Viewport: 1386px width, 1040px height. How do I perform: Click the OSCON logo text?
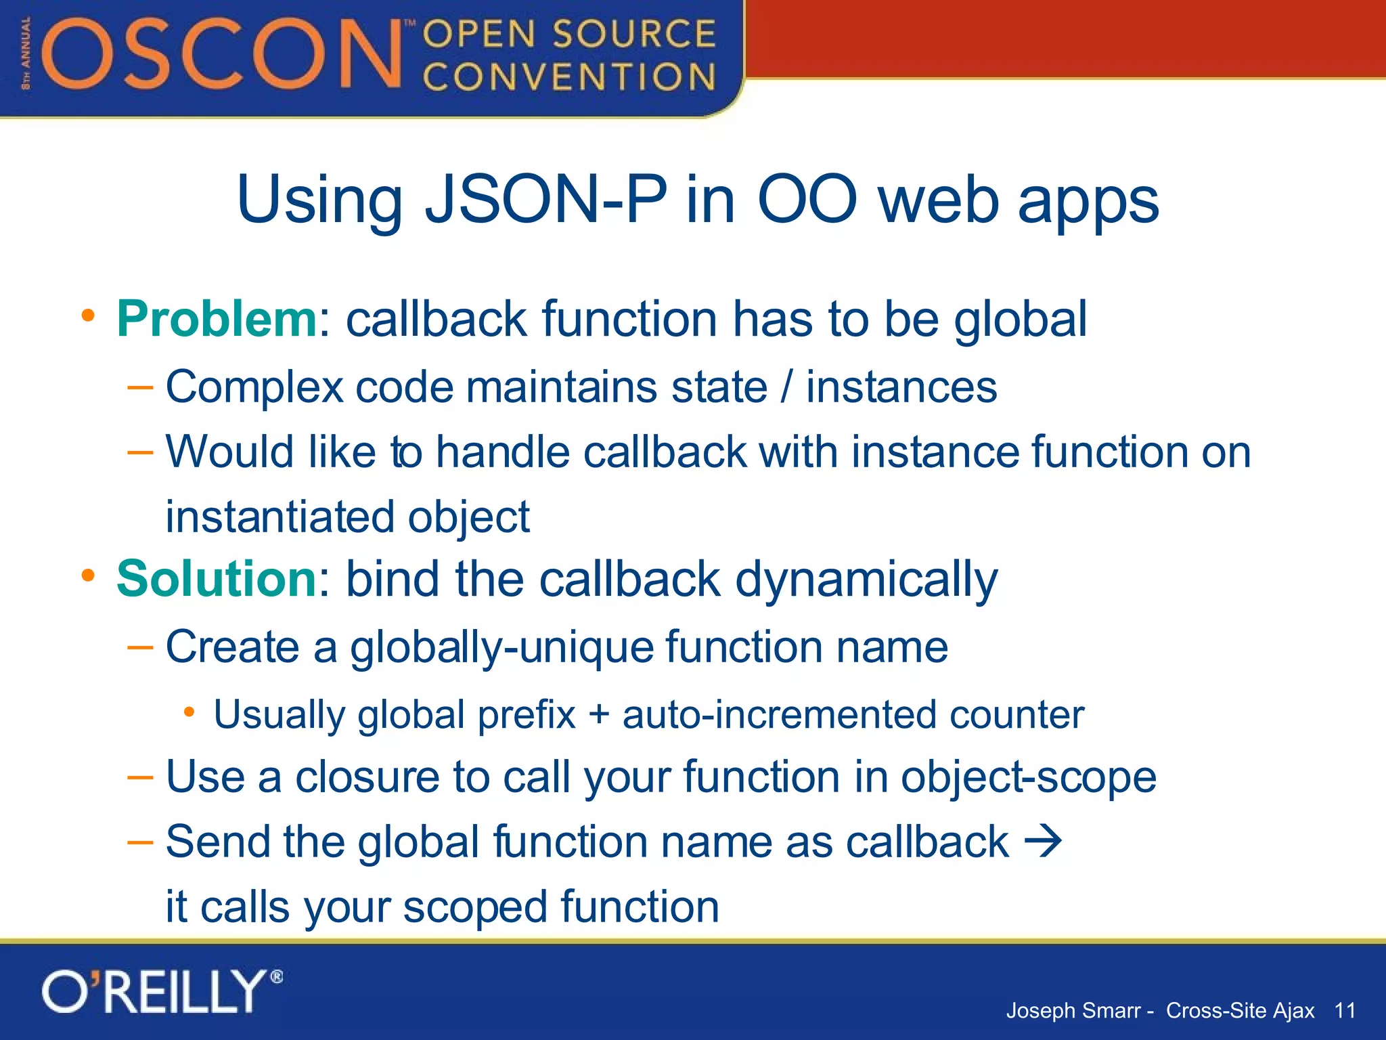point(223,54)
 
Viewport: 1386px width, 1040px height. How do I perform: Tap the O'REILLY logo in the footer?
point(161,992)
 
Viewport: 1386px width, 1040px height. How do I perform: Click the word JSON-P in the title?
point(545,200)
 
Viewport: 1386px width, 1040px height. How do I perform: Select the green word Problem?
point(216,318)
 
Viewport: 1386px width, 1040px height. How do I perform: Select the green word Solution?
point(216,579)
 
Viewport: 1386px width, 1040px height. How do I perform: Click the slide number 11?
point(1345,1010)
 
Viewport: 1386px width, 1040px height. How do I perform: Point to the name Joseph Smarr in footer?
point(1073,1010)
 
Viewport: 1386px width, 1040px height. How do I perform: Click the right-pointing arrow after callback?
point(1043,842)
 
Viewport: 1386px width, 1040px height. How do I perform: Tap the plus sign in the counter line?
point(599,715)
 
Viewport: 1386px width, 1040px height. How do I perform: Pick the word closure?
point(367,777)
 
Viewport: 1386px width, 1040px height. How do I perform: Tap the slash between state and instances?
point(786,387)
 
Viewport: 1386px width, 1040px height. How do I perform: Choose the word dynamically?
point(866,580)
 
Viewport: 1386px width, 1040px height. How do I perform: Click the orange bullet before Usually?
point(189,712)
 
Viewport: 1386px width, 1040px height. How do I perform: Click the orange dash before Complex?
point(140,387)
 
